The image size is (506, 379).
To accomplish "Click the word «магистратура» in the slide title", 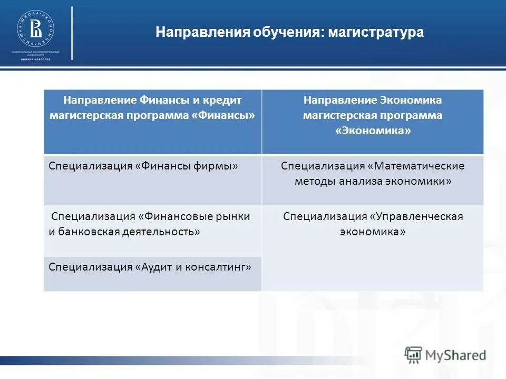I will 376,33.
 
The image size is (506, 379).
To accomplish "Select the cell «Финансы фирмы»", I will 143,166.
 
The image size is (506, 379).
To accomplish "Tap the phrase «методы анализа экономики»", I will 373,182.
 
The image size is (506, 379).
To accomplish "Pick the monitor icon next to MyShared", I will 414,354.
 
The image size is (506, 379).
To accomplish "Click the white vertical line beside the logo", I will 72,33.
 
